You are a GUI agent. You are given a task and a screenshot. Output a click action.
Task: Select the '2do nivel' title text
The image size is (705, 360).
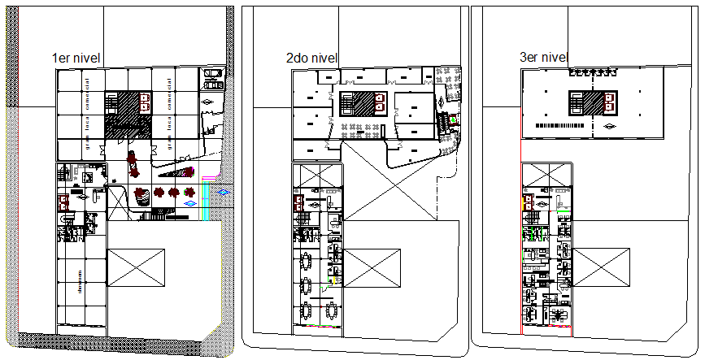click(x=311, y=59)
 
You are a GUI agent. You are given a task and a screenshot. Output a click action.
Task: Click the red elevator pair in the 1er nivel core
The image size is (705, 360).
click(x=146, y=102)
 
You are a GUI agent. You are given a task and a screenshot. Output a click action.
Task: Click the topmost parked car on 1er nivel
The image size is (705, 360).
click(x=213, y=74)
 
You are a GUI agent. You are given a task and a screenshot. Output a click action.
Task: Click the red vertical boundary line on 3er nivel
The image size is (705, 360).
click(x=521, y=244)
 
